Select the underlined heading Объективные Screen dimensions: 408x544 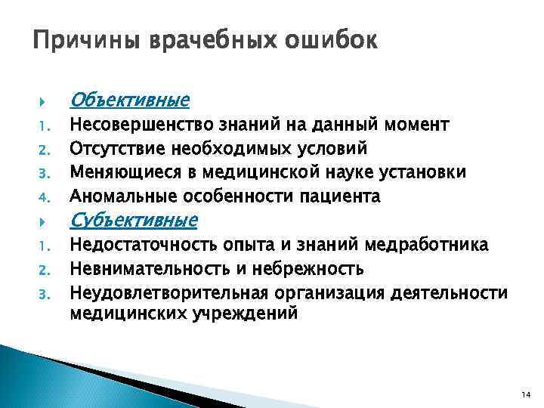coord(129,100)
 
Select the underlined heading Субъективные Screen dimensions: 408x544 coord(133,220)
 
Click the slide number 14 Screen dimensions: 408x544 coord(524,394)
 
